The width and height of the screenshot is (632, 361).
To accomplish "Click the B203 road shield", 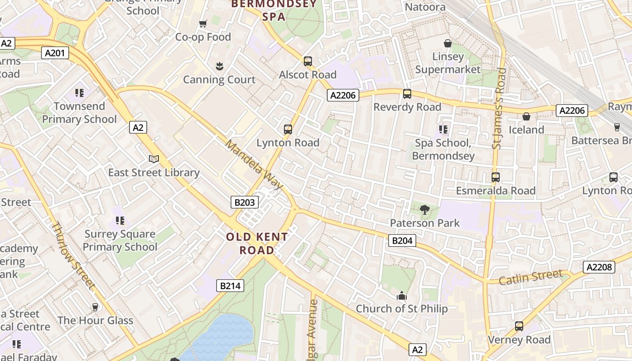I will click(x=245, y=202).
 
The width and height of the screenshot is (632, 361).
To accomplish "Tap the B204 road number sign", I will click(x=402, y=241).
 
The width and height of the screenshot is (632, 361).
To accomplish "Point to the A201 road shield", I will click(x=56, y=53).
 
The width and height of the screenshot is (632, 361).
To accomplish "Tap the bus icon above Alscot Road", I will click(x=308, y=61).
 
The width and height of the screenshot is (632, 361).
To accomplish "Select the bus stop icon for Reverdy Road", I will click(x=407, y=94).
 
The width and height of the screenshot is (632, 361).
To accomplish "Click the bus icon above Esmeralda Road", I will click(x=496, y=177).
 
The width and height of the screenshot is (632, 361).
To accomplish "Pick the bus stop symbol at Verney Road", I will click(x=519, y=326).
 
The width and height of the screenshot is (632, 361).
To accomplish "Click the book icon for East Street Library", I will click(x=154, y=159).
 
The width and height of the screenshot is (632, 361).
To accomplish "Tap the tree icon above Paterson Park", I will click(x=424, y=209).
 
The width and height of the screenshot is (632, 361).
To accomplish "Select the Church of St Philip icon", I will click(x=401, y=296).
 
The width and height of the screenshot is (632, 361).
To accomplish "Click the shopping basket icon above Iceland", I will click(x=526, y=116).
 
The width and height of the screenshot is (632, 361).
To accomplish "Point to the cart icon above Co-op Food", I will click(x=203, y=23).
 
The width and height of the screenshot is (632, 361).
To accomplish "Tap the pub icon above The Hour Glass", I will click(x=95, y=307).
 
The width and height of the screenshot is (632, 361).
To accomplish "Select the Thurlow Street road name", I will click(x=73, y=255).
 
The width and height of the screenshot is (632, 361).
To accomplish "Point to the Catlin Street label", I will click(x=531, y=277).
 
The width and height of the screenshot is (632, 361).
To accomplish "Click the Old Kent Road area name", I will click(x=257, y=243).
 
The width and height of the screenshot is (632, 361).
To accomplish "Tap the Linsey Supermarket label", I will click(x=448, y=63).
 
